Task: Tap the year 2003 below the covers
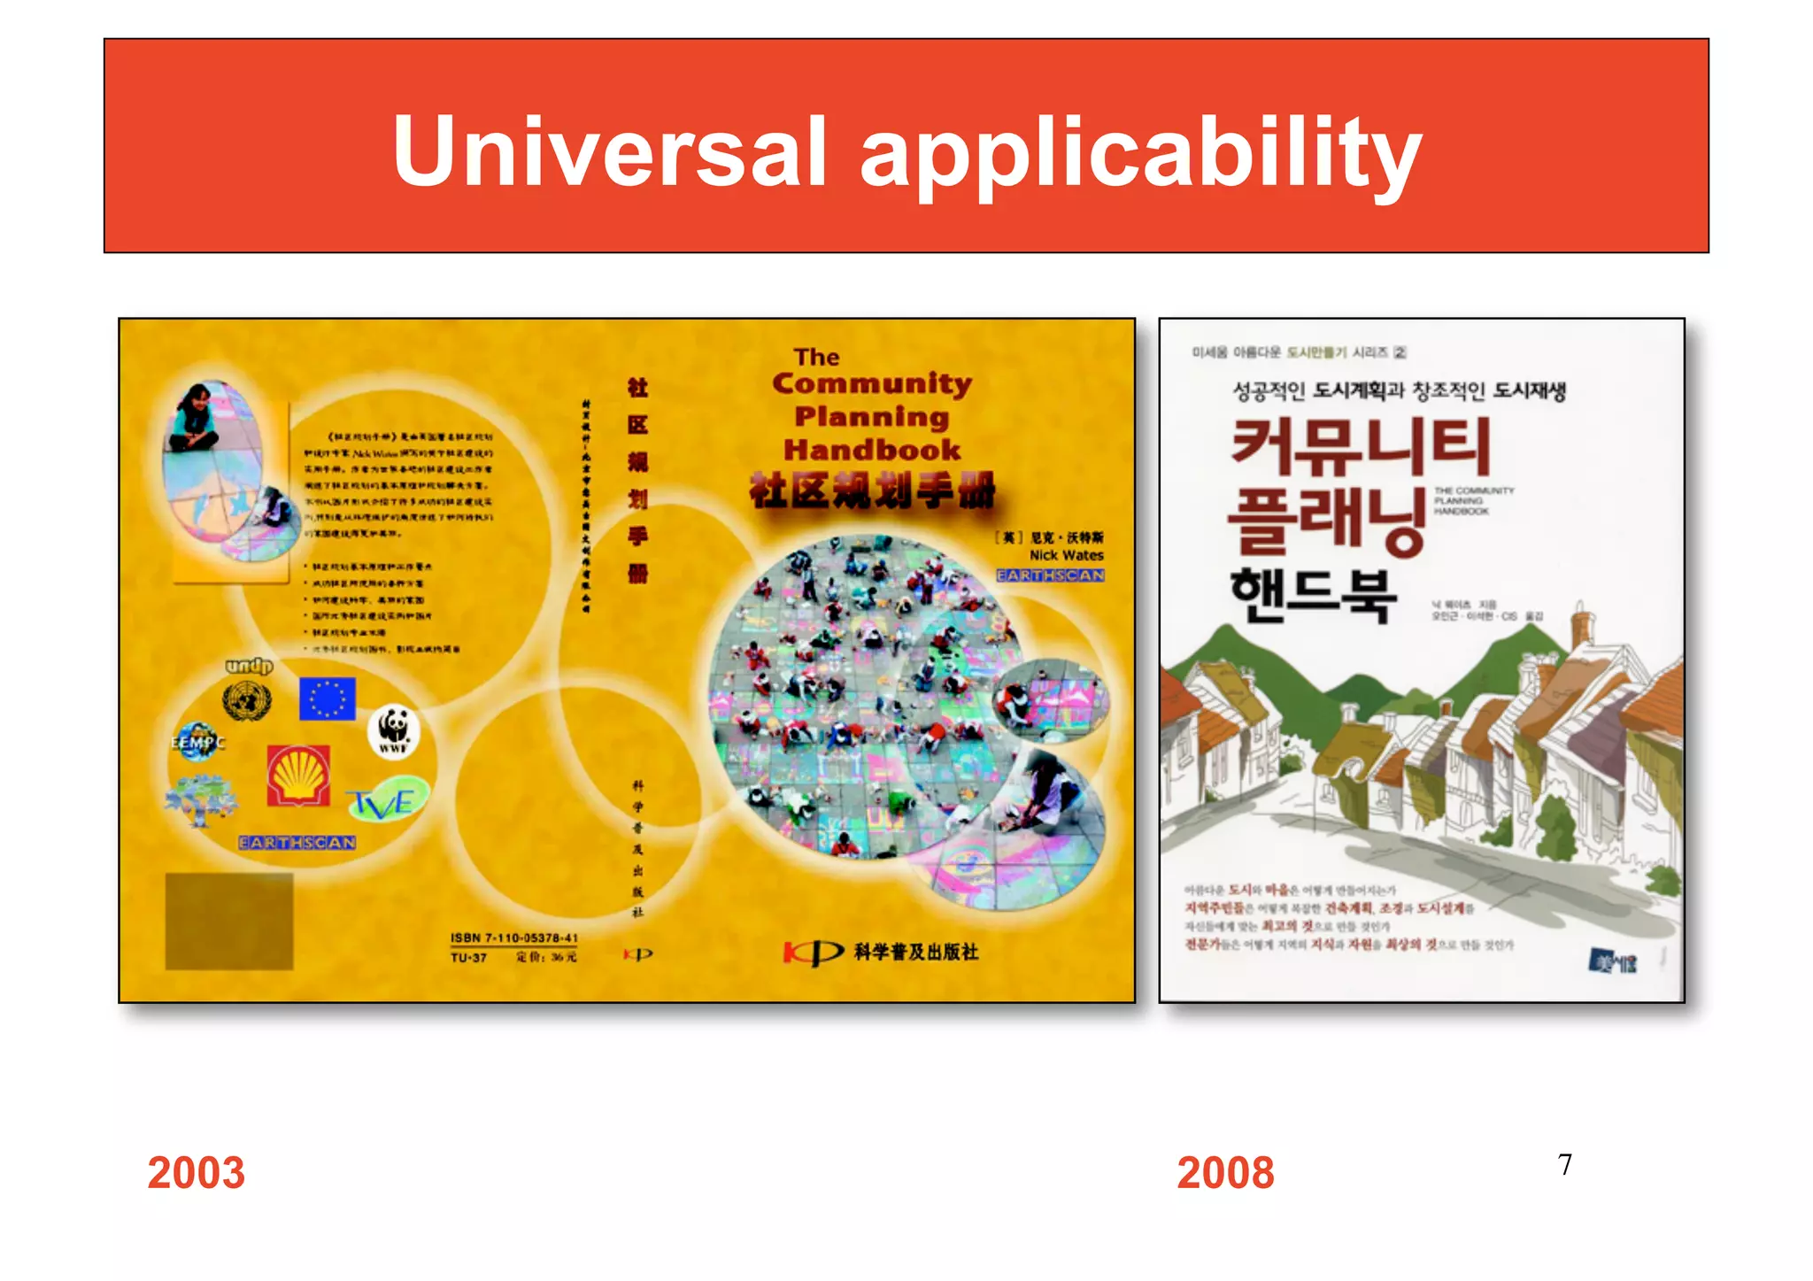tap(196, 1172)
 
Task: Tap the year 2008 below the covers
tap(1225, 1172)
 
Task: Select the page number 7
tap(1565, 1164)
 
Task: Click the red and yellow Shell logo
tap(298, 775)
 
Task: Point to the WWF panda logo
tap(393, 730)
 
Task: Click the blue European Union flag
tap(327, 698)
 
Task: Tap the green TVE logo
tap(383, 802)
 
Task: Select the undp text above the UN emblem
tap(249, 666)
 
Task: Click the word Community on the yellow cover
tap(872, 384)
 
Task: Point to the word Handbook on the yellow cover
tap(872, 450)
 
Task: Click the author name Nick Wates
tap(1066, 555)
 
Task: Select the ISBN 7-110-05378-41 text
tap(513, 938)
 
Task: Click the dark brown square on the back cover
tap(229, 921)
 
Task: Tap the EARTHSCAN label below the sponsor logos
tap(297, 843)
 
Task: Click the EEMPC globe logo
tap(197, 742)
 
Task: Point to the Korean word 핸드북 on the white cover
tap(1313, 596)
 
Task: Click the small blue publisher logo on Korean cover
tap(1613, 961)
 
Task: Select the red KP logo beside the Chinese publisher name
tap(813, 953)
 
